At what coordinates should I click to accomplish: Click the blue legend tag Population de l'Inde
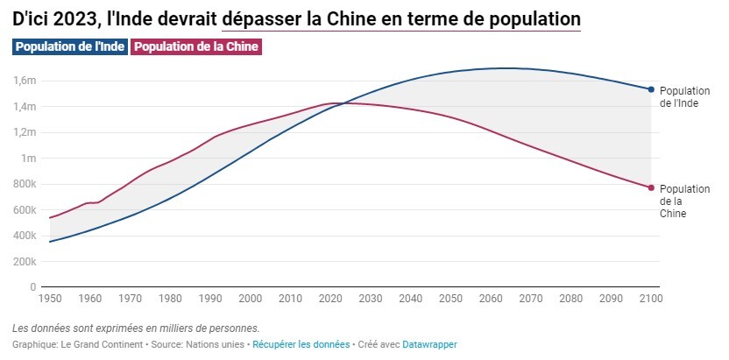pos(70,46)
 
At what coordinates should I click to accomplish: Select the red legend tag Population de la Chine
pos(197,46)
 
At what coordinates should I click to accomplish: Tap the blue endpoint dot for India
pos(651,89)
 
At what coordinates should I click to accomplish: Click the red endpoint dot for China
pos(651,187)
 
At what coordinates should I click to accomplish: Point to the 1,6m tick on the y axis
pos(24,81)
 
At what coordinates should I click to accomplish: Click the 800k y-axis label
pos(24,184)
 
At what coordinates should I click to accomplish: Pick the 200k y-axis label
pos(24,262)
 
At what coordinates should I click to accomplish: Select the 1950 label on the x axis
pos(50,299)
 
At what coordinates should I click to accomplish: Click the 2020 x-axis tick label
pos(330,299)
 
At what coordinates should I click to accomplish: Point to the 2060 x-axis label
pos(491,299)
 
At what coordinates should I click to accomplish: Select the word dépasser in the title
pos(265,18)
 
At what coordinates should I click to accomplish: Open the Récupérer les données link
pos(301,344)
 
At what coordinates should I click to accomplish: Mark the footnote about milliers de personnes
pos(136,328)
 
